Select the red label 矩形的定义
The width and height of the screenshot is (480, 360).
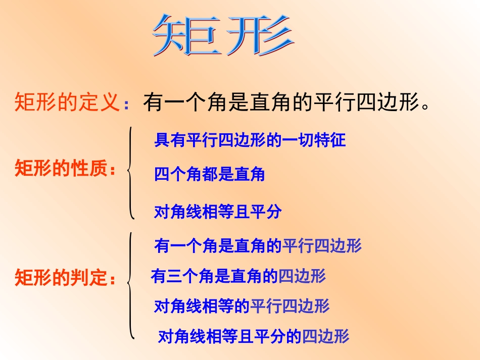[67, 102]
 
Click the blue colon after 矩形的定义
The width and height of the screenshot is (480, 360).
[127, 105]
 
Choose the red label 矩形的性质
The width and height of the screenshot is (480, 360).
[62, 170]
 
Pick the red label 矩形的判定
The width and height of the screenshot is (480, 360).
[62, 278]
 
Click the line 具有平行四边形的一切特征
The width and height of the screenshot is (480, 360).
[250, 140]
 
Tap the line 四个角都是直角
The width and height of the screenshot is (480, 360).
[209, 175]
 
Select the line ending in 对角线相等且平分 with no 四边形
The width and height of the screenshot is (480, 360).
[217, 212]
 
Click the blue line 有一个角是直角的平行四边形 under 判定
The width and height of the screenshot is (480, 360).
[258, 246]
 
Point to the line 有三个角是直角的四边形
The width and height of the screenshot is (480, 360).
[238, 276]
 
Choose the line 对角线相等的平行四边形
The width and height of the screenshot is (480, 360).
[242, 306]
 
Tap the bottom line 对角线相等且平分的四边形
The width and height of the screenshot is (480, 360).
[254, 336]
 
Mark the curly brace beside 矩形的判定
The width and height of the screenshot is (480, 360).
[131, 285]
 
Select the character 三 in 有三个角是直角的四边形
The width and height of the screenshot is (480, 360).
[174, 276]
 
